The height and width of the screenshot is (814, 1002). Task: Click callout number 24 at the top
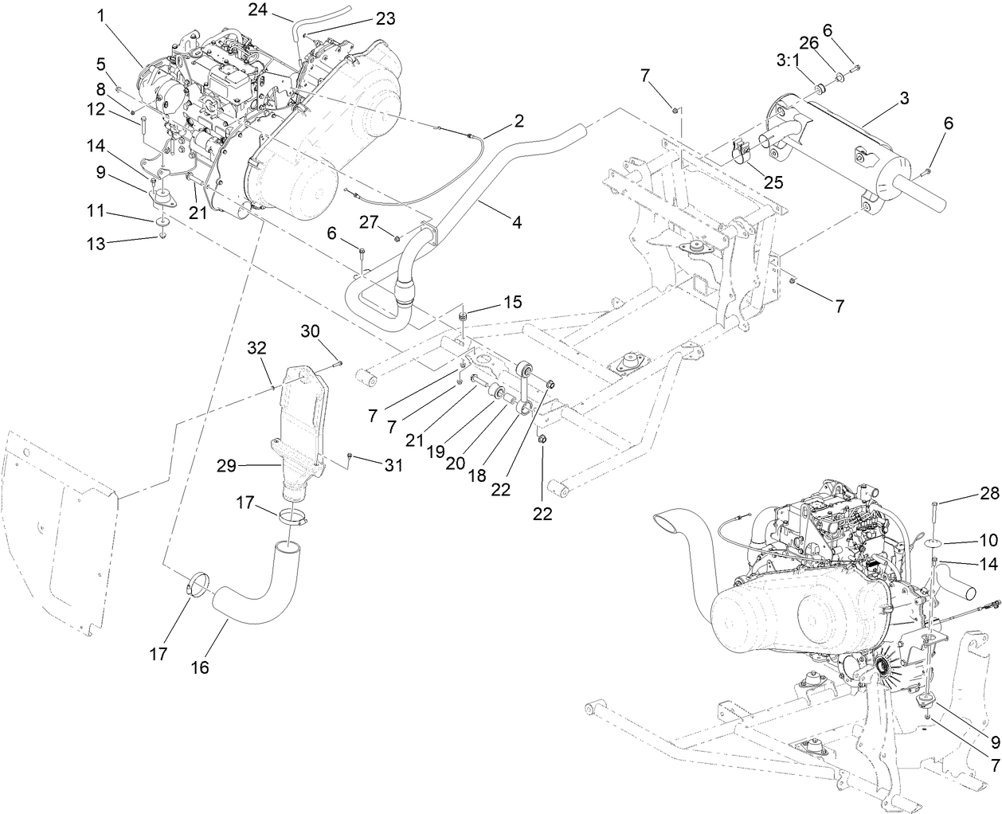click(x=257, y=10)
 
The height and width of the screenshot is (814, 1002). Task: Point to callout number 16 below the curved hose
click(x=200, y=667)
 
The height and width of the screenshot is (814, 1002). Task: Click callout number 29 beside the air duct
click(x=227, y=466)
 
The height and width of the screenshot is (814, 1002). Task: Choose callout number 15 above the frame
click(x=511, y=303)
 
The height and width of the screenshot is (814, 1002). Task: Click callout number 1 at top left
click(x=101, y=14)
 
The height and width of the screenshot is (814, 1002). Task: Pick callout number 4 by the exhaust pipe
click(x=516, y=224)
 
